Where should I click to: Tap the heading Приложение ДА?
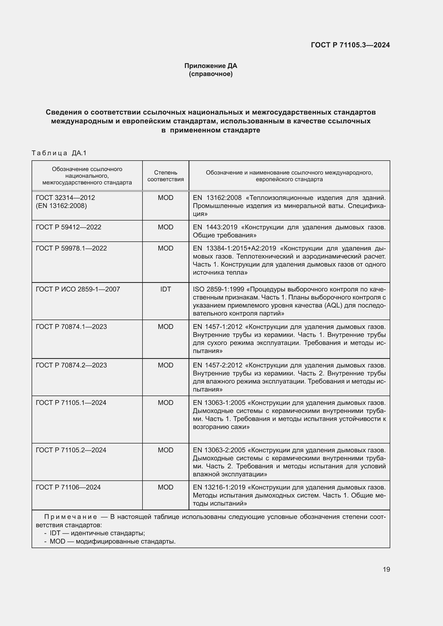pos(211,66)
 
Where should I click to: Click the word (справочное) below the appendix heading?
pos(211,74)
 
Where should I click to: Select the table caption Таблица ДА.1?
pos(59,153)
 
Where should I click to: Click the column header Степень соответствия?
pos(165,176)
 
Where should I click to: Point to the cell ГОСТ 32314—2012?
pos(65,198)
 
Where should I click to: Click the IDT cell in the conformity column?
pos(165,289)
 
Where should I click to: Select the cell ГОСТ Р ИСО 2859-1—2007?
pos(78,289)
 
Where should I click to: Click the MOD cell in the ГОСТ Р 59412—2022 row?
pos(165,227)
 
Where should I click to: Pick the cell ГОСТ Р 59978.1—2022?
pos(71,248)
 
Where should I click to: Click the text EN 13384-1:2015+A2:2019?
pos(234,248)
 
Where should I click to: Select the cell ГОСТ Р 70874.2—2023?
pos(71,365)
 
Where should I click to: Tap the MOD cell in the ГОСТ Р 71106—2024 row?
pos(165,487)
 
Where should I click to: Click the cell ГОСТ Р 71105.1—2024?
pos(71,403)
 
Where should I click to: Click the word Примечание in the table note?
pos(70,517)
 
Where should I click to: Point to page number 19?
pos(386,569)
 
